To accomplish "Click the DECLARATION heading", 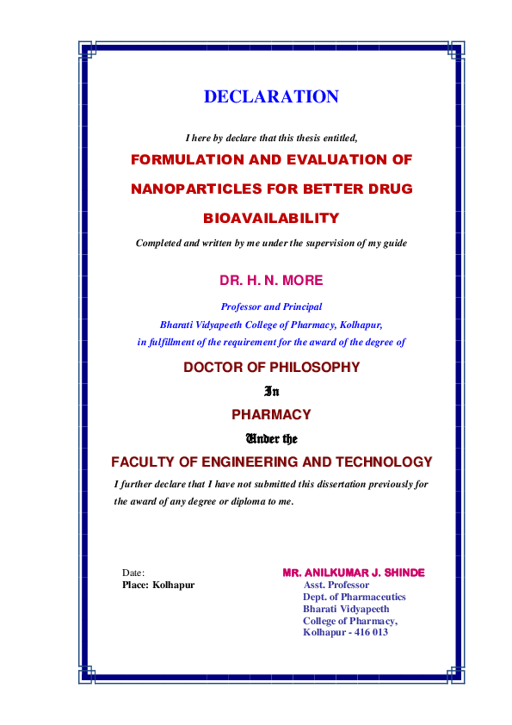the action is [271, 97].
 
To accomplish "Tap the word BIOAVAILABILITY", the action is [271, 218].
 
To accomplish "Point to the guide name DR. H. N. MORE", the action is [271, 281].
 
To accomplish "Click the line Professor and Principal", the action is [271, 307].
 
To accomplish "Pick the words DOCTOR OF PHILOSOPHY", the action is [271, 368].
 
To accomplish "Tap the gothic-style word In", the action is [271, 391].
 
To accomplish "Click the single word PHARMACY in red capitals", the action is [271, 414].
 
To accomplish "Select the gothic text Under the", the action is [271, 437].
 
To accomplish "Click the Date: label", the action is [133, 573].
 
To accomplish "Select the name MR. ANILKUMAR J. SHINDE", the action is [353, 573].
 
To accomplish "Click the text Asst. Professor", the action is [336, 585].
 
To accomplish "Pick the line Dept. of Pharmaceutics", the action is [354, 597].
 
